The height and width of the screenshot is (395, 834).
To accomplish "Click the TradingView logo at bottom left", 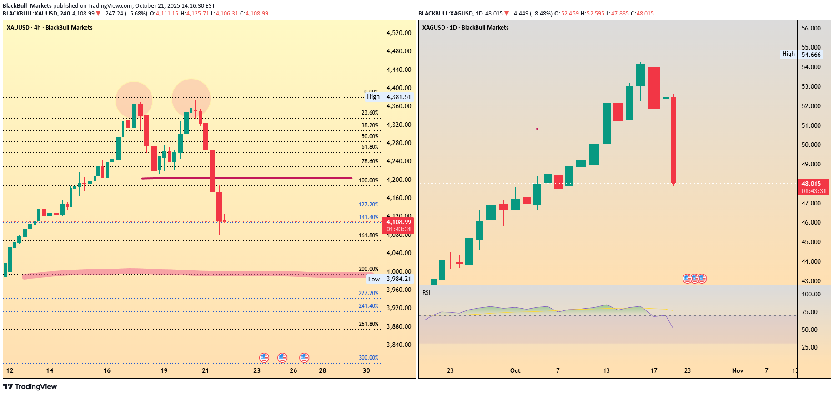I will click(x=30, y=386).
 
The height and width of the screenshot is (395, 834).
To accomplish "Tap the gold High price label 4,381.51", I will click(x=398, y=97).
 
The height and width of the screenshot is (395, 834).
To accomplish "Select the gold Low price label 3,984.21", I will click(x=398, y=279).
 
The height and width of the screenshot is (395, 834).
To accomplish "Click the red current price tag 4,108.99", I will click(x=398, y=225).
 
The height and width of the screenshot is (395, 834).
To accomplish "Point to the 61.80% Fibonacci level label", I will click(x=370, y=147).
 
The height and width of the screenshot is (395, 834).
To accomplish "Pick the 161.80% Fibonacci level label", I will click(x=368, y=235).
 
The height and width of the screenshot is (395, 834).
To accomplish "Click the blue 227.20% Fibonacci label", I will click(x=368, y=293).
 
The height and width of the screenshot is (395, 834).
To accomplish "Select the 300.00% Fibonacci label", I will click(x=368, y=358).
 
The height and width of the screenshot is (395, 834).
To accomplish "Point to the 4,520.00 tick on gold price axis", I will click(x=398, y=33).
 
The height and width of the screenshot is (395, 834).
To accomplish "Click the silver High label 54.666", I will click(x=811, y=55).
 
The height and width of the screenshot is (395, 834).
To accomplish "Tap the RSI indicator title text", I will click(x=426, y=292).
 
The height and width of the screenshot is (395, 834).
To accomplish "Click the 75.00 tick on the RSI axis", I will click(x=809, y=312).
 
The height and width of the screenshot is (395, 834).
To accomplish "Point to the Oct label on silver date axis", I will click(x=515, y=370).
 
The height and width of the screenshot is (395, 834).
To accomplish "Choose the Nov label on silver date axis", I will click(x=737, y=370).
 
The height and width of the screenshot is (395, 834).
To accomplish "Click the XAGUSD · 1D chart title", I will click(x=465, y=28).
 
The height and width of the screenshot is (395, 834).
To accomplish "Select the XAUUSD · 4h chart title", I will click(x=50, y=28).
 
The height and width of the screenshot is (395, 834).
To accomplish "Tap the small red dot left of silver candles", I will click(x=537, y=129).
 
